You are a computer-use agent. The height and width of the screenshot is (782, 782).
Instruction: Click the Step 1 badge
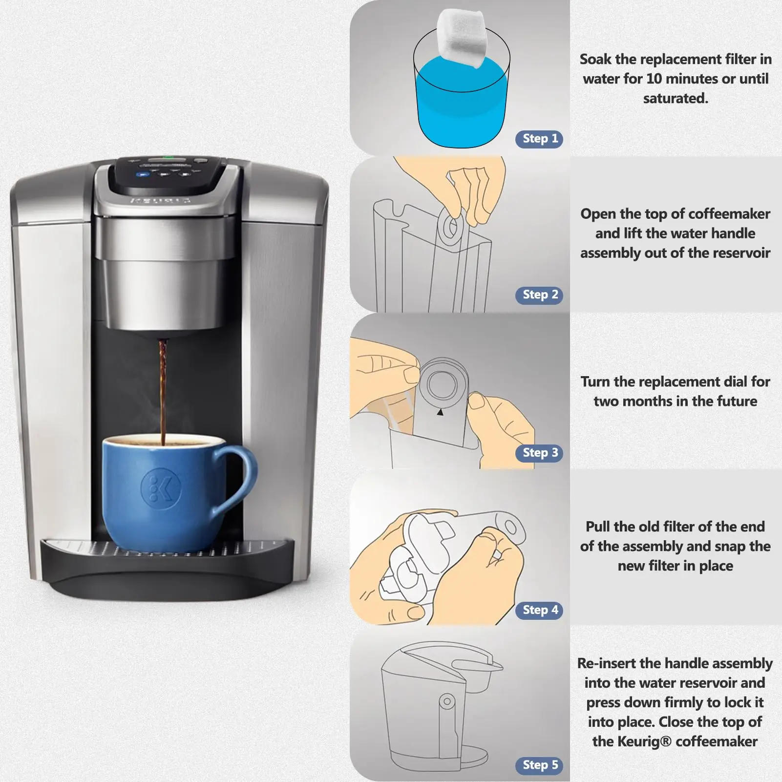539,139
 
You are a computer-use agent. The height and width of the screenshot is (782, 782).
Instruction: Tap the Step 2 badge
539,295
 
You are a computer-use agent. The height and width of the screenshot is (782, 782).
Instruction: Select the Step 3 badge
539,453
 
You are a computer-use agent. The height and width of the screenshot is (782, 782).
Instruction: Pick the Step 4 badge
539,610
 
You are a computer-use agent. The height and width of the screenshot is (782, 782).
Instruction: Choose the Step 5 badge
539,765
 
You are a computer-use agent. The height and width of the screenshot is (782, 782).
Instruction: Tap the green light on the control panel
166,158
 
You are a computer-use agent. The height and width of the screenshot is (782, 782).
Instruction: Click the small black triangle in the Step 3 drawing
440,412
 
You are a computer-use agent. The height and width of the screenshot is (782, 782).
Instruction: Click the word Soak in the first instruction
595,60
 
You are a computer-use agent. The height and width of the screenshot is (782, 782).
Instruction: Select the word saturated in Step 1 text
675,99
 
